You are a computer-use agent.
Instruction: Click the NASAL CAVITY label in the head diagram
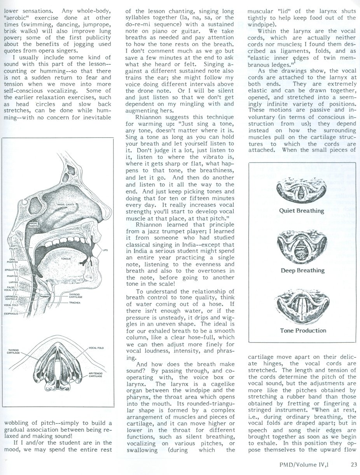pos(66,204)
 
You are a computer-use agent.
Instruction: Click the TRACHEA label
pos(75,302)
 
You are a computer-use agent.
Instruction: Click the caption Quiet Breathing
pos(301,211)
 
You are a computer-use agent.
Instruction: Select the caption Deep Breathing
pos(303,270)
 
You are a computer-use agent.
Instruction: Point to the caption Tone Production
pos(303,330)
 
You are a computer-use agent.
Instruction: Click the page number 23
pos(353,463)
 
